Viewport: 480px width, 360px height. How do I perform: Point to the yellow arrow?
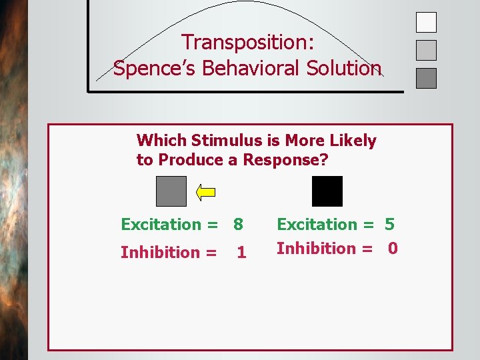(206, 192)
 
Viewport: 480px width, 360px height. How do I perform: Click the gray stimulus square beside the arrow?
(171, 191)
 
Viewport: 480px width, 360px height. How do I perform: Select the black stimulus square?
(327, 191)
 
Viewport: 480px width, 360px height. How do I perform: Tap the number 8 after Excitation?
(239, 225)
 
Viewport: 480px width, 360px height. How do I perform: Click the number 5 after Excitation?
(389, 225)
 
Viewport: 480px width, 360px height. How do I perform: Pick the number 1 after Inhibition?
(241, 253)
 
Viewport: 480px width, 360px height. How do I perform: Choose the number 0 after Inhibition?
(393, 249)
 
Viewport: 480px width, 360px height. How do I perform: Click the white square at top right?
(426, 22)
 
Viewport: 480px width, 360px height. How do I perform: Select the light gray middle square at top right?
(426, 50)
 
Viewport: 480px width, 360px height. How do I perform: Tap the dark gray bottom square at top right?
(426, 78)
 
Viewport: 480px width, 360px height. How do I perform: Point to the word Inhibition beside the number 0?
(317, 249)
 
